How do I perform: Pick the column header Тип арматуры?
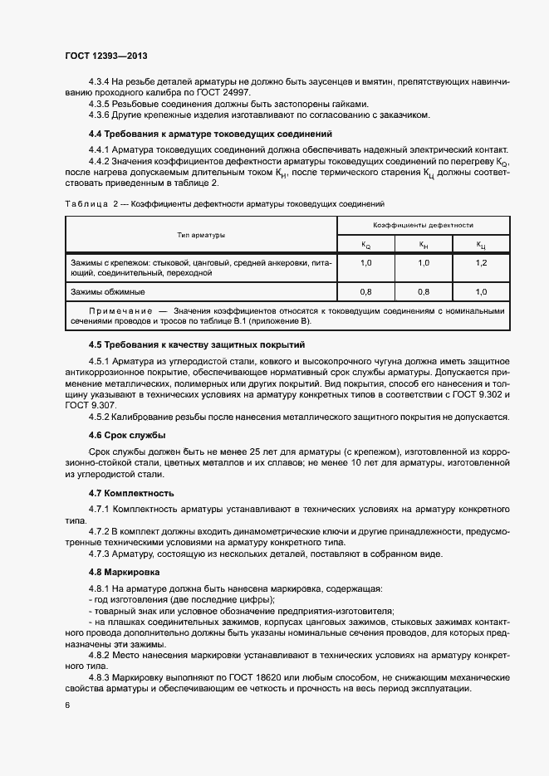pyautogui.click(x=200, y=236)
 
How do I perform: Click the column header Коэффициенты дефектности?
pyautogui.click(x=423, y=225)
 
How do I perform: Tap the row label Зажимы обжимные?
pyautogui.click(x=109, y=291)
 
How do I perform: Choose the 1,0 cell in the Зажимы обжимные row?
pyautogui.click(x=481, y=291)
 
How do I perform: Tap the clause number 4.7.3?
pyautogui.click(x=100, y=554)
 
